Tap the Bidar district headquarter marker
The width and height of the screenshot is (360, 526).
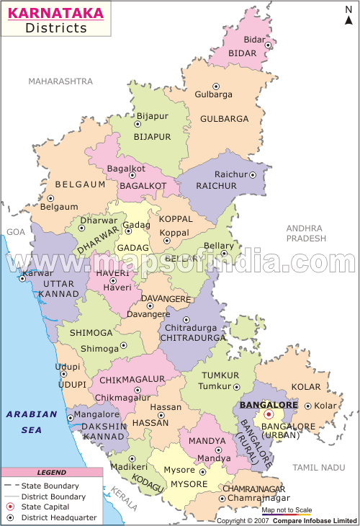(269, 45)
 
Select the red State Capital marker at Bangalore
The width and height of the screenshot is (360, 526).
(268, 415)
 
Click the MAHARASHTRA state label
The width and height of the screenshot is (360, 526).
(61, 81)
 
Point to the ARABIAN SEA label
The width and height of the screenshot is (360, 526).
(31, 422)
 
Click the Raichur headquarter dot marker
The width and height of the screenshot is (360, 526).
(253, 174)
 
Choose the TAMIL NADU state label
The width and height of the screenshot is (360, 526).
(319, 468)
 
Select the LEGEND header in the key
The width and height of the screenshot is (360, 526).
(51, 473)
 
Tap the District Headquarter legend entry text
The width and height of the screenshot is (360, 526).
(54, 518)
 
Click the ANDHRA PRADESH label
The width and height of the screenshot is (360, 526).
(305, 233)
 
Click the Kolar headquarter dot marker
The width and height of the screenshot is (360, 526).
(308, 406)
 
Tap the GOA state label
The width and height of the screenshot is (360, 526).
(15, 232)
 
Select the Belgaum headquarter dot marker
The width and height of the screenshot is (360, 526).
(50, 198)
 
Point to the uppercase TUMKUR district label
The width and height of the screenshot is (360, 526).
(220, 375)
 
